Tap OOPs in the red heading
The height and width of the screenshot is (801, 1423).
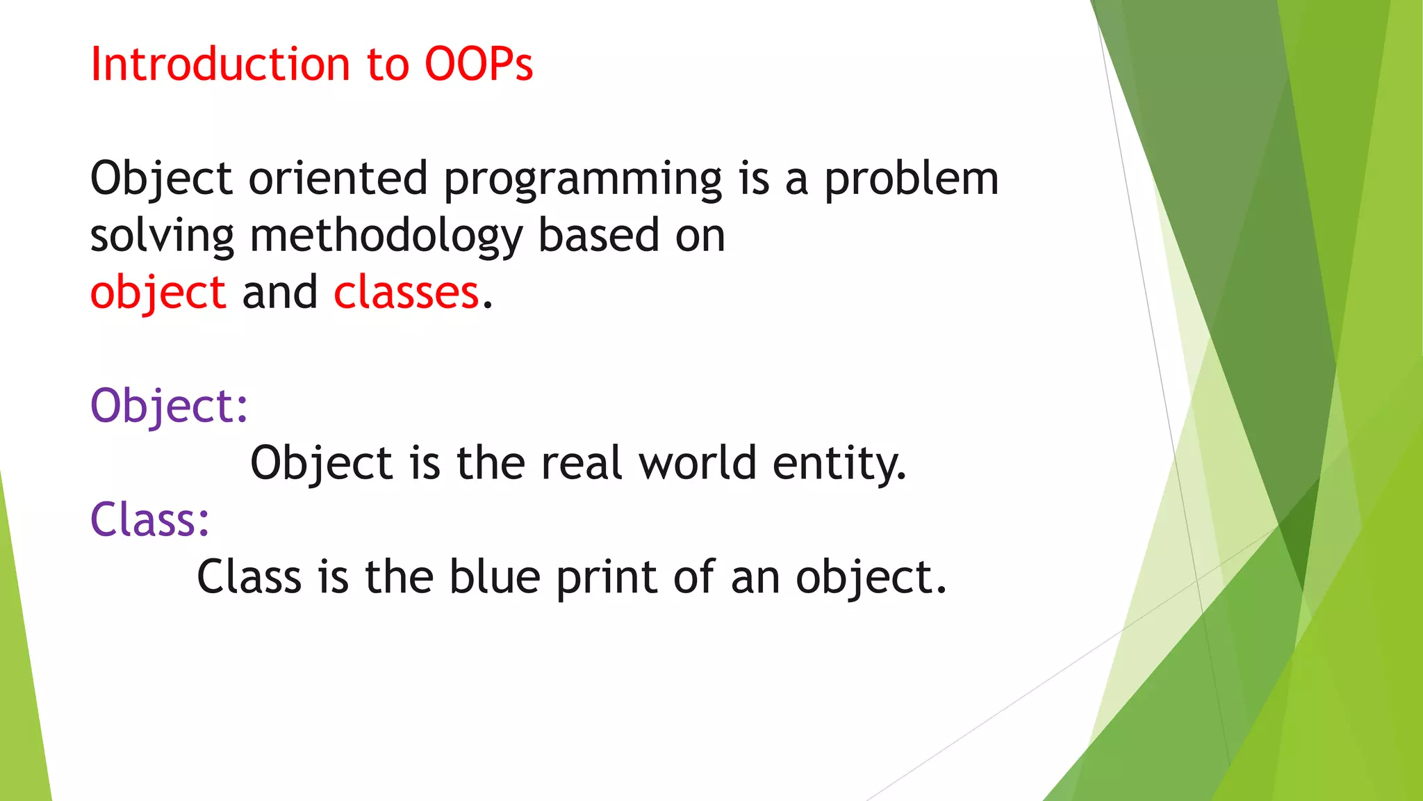(479, 65)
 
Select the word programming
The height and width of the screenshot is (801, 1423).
(583, 179)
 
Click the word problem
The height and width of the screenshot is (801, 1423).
(912, 179)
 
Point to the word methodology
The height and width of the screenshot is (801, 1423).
(386, 236)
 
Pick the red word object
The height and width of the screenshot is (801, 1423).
(158, 293)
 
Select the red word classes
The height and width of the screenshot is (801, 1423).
(406, 293)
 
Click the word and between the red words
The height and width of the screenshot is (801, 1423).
(279, 293)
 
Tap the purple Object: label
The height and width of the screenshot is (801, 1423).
(169, 406)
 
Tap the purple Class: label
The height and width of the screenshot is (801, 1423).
(150, 520)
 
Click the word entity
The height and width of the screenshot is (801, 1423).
(839, 464)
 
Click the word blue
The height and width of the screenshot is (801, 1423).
(494, 577)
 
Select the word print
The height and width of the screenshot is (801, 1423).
(606, 577)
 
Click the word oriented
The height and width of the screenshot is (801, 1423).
(338, 179)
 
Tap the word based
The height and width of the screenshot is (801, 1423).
(598, 236)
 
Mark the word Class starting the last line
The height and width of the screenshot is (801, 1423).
(249, 577)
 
